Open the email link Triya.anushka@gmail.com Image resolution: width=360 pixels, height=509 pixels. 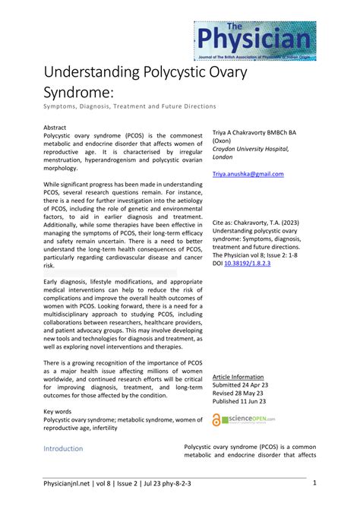(x=248, y=174)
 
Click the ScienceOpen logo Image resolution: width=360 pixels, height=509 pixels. (x=244, y=419)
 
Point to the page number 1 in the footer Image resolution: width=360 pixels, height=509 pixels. (x=314, y=483)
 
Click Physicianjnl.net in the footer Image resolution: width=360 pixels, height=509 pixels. (x=68, y=483)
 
